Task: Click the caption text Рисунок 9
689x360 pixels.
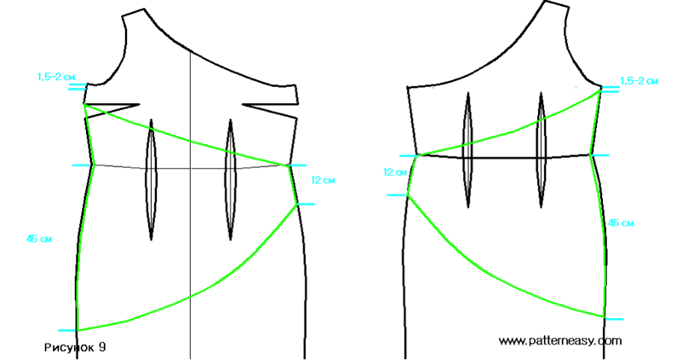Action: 76,347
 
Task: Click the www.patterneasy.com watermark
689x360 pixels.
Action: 560,341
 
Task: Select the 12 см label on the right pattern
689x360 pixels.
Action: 394,172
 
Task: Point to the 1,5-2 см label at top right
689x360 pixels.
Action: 640,80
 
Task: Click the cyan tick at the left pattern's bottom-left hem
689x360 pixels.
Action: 67,330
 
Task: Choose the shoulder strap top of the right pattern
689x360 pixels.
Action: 551,10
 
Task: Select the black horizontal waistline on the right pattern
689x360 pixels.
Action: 509,158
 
